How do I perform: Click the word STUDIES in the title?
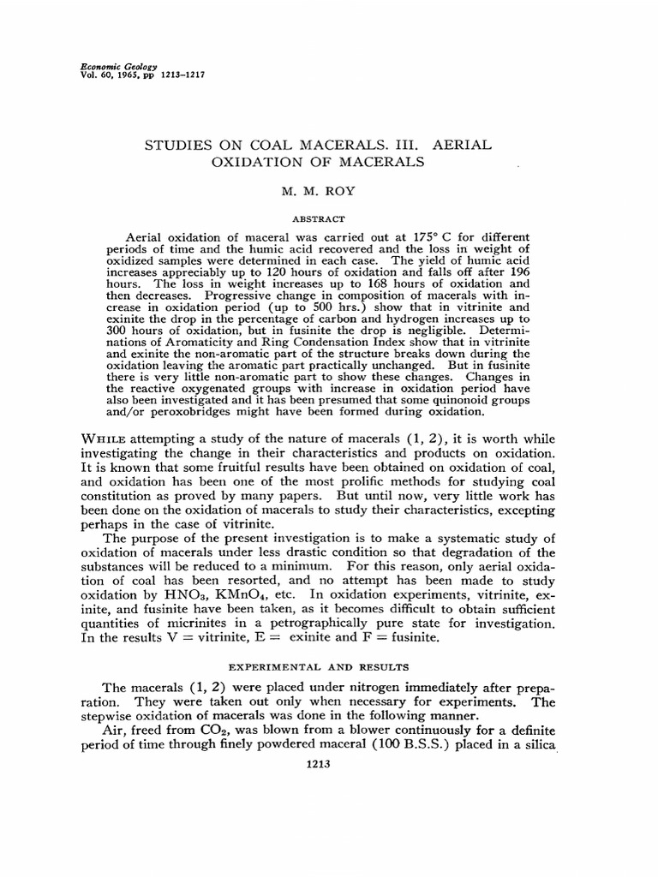pos(182,146)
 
